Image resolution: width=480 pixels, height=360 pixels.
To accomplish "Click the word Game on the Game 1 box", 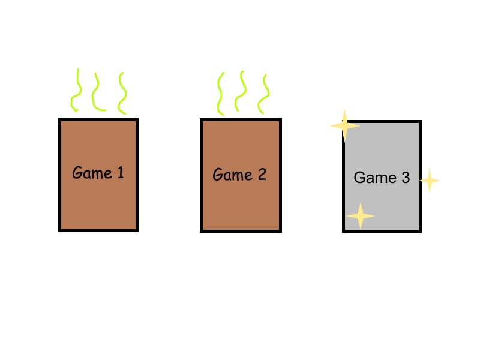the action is click(92, 173).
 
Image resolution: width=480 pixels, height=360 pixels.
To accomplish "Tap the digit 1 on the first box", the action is click(121, 172).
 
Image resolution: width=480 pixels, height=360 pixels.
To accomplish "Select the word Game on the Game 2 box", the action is click(233, 174).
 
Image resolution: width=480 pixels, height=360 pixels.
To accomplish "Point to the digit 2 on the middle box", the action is click(262, 174).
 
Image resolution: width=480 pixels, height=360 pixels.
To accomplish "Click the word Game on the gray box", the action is click(375, 178).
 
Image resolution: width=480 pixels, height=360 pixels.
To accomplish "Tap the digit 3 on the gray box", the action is click(406, 178).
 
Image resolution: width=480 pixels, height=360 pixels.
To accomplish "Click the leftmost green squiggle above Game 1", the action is click(76, 90).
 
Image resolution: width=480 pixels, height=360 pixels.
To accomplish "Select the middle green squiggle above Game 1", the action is click(97, 92).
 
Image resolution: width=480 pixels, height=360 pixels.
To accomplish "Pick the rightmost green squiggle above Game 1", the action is click(122, 93).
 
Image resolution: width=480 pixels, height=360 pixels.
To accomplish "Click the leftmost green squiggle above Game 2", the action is click(220, 94).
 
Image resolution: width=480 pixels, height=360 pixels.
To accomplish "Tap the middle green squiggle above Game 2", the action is click(241, 91).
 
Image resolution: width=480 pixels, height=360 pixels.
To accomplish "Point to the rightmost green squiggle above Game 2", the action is click(264, 94).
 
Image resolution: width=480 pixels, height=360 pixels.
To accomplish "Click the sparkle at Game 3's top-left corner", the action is click(344, 125).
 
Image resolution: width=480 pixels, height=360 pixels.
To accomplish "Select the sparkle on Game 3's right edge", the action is click(430, 181).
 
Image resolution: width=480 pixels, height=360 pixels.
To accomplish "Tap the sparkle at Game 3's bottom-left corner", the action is click(361, 216).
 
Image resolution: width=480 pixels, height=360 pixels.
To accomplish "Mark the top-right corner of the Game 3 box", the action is click(422, 121).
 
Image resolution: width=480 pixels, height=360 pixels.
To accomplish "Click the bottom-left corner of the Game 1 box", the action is click(58, 232).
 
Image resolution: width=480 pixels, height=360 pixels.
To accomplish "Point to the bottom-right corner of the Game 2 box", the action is click(281, 232).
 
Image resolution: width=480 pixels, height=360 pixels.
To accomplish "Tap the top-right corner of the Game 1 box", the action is click(139, 118).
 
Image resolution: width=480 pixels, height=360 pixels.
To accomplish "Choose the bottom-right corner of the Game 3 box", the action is click(422, 232).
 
